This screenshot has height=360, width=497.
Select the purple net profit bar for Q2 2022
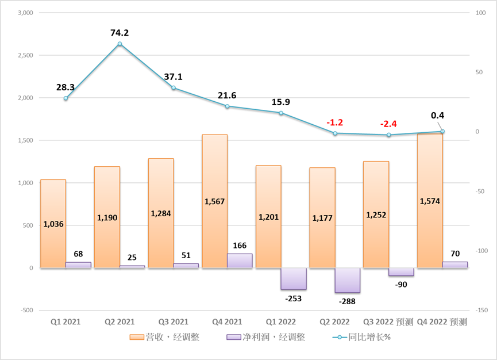[x=348, y=280]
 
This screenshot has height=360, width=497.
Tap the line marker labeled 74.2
[x=120, y=44]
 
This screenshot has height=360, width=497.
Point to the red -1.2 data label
[x=335, y=122]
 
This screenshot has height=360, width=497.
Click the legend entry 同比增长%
[x=361, y=337]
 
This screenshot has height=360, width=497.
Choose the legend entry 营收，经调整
[x=164, y=337]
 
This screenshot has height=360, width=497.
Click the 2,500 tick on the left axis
[x=24, y=55]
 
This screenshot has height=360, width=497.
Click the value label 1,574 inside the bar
[x=430, y=201]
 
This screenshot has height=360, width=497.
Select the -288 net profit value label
[x=348, y=301]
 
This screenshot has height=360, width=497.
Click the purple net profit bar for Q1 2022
[x=294, y=278]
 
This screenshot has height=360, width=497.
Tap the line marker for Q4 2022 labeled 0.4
[x=442, y=131]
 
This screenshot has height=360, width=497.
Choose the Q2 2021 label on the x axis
[x=120, y=322]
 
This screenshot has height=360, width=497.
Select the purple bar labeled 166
[x=240, y=261]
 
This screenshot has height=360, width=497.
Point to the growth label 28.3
[x=66, y=87]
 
